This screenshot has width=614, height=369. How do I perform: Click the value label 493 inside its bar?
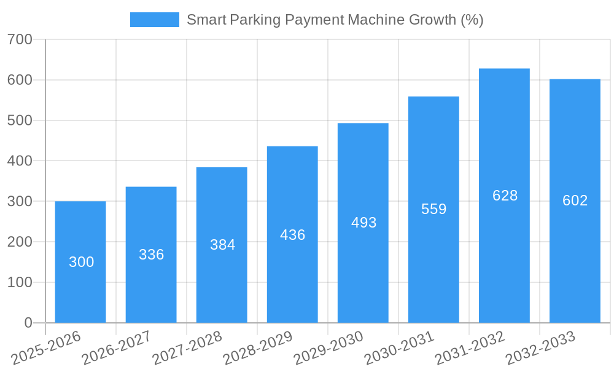363,223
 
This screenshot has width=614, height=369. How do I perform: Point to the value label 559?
433,209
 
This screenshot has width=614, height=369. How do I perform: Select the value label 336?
151,255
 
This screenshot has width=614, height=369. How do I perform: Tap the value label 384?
222,245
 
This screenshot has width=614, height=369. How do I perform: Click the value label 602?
575,200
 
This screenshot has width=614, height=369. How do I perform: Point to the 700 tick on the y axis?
20,40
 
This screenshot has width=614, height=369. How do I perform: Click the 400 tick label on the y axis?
20,161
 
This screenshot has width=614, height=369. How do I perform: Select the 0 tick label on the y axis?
28,323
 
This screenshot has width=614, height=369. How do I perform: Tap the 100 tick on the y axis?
20,282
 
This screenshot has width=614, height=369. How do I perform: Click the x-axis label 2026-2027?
117,347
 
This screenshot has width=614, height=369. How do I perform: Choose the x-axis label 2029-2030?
328,347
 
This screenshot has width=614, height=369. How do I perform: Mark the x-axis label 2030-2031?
399,347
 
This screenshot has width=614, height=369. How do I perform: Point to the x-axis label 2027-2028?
187,347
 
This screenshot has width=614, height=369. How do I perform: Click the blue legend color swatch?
154,20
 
